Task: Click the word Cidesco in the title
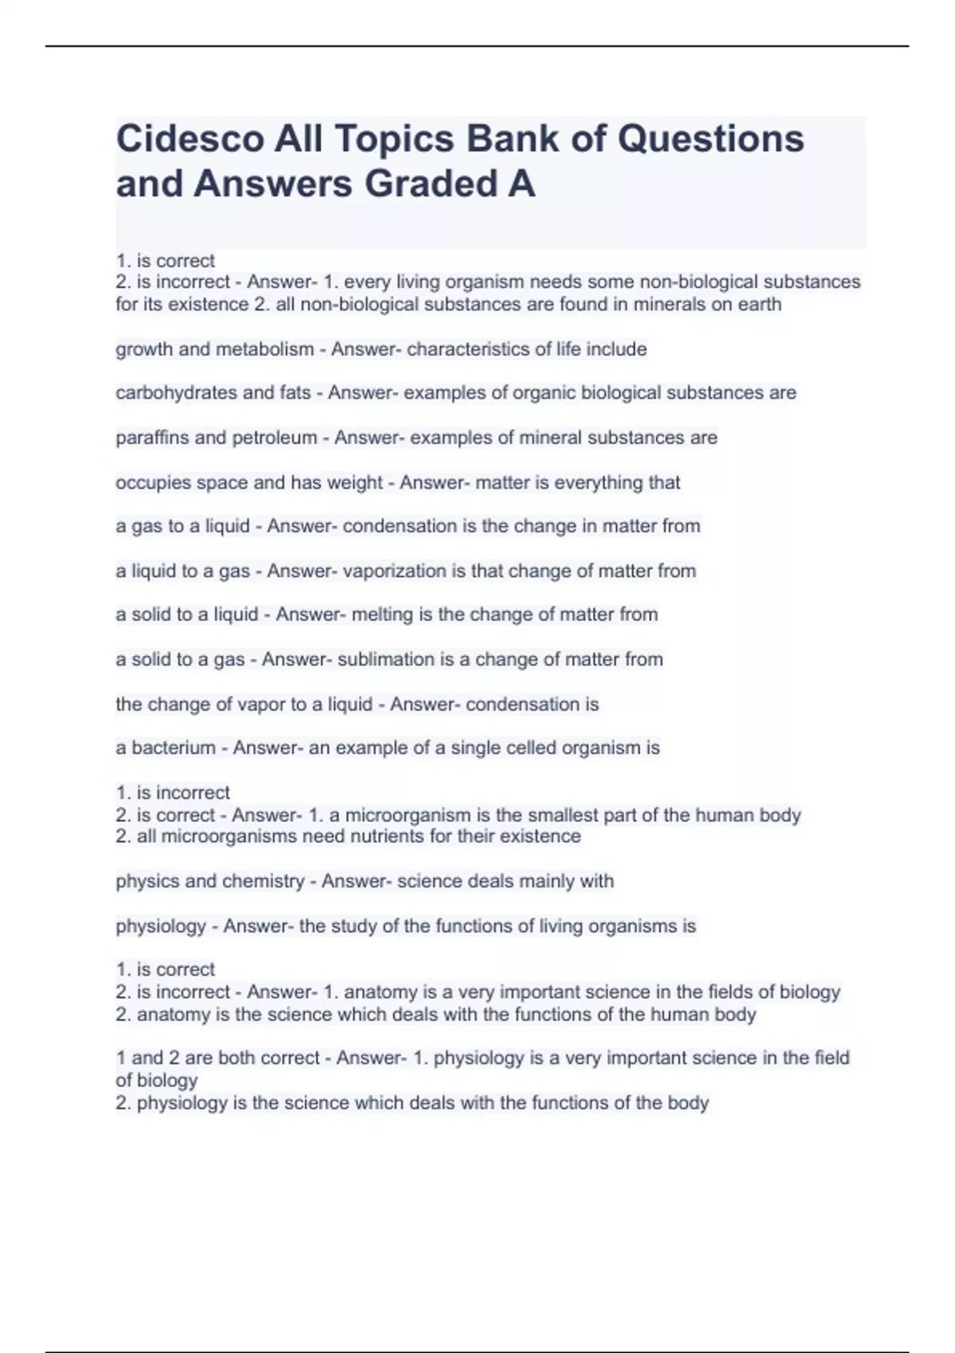[x=189, y=138]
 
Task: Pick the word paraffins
[x=149, y=438]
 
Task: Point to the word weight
[x=357, y=482]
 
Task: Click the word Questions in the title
[x=711, y=138]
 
